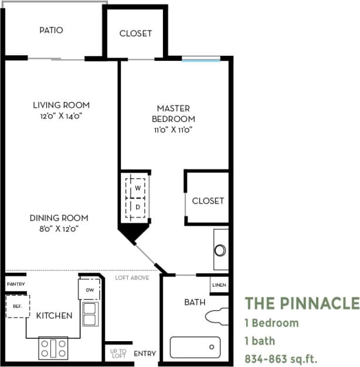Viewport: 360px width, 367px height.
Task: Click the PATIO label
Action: click(52, 30)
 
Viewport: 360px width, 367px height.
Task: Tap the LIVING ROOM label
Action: click(61, 105)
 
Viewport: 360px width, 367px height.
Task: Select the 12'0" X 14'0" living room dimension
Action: click(61, 116)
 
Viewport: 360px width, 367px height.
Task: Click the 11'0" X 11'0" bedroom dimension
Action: click(174, 130)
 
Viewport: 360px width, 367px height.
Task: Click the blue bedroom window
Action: click(201, 59)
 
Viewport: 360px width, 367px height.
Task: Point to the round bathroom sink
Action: click(220, 250)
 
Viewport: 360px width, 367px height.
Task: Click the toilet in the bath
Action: click(218, 316)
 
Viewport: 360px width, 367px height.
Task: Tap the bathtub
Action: click(195, 347)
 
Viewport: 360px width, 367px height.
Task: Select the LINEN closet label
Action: click(219, 285)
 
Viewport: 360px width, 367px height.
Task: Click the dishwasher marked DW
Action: click(90, 290)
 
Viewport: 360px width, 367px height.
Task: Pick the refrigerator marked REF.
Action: click(18, 306)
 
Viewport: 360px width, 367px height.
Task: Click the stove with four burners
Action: click(54, 348)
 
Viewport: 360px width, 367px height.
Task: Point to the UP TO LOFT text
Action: click(118, 353)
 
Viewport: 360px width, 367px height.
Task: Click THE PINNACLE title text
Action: click(301, 303)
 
